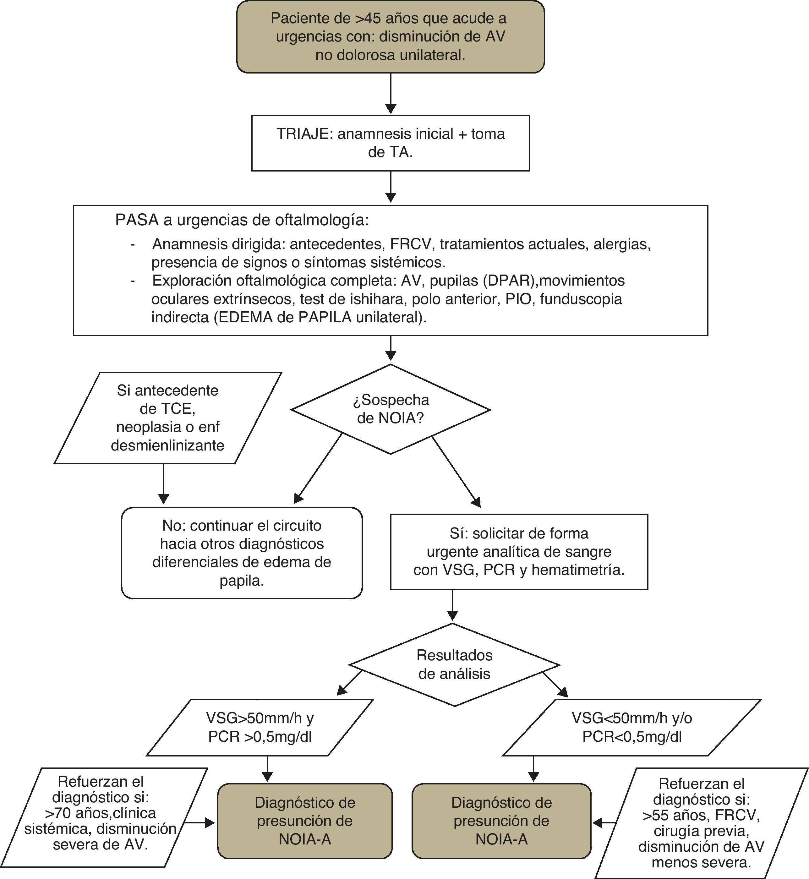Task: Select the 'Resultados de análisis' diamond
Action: coord(454,664)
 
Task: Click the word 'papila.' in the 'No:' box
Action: coord(242,581)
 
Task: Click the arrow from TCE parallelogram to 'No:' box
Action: coord(163,484)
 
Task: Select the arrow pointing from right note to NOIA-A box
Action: coord(604,823)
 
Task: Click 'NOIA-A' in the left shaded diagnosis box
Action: coord(305,839)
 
